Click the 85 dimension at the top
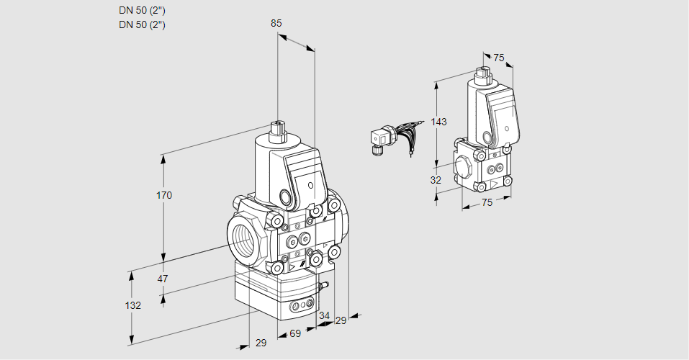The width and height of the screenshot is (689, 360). coord(276,23)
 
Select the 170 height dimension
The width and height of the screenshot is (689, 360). coord(165,195)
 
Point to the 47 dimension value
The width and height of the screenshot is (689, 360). coord(163,279)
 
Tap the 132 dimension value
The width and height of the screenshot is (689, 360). coord(132,305)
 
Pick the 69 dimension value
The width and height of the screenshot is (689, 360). coord(294,335)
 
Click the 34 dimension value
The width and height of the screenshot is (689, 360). coord(324,315)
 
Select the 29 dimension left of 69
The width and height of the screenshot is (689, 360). coord(261,343)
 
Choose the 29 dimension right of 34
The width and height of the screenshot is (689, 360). coord(341,320)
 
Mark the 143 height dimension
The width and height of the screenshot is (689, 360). coord(439,122)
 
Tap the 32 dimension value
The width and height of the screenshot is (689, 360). coord(436,180)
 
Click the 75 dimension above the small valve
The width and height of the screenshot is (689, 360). coord(499,58)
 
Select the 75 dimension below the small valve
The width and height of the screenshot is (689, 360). coord(487,202)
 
